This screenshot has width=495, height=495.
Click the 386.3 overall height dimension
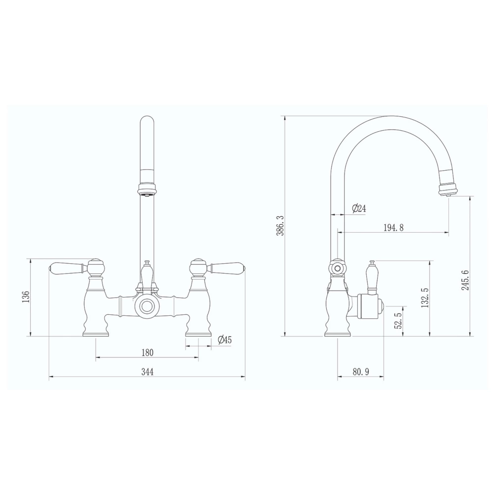coord(280,225)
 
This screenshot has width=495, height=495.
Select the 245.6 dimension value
coord(465,287)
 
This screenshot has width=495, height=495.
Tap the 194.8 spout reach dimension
coord(394,228)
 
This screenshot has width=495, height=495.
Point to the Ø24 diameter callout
coord(359,208)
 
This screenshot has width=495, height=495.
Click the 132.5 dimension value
coord(424,298)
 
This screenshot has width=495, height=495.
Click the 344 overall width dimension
coord(147,372)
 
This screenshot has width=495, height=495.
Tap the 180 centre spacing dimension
coord(147,352)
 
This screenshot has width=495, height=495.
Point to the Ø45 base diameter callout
coord(225,340)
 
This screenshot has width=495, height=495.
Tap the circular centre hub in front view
coord(147,306)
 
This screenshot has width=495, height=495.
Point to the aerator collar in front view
coord(147,189)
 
